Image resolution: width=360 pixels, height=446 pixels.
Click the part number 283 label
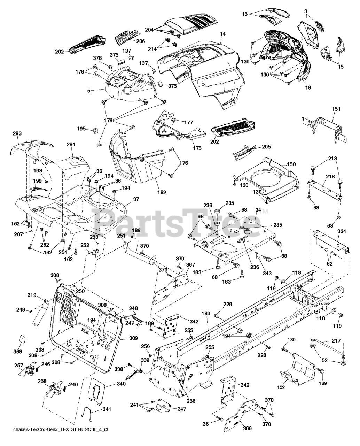17,133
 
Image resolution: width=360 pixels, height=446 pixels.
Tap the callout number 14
223,34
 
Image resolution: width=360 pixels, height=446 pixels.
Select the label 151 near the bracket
336,109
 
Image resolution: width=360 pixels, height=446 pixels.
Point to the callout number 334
342,231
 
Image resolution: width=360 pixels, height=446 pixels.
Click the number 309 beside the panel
133,338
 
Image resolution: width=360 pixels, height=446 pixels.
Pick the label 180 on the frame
206,314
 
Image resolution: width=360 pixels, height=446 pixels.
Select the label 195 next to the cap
81,129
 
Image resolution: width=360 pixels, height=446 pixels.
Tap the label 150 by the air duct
291,164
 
